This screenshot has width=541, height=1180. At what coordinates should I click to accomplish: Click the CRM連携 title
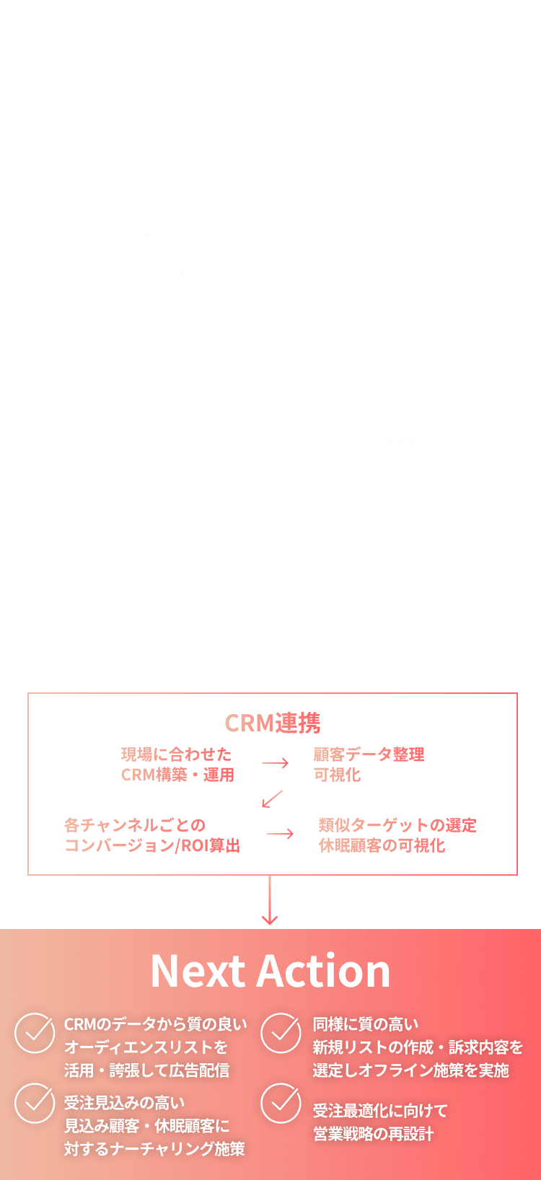(x=273, y=723)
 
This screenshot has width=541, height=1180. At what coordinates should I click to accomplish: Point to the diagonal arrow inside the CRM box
(x=272, y=798)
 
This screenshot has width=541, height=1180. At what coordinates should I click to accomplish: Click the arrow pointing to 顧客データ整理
(x=275, y=763)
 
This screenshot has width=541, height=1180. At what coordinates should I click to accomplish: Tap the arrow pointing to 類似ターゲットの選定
(x=280, y=834)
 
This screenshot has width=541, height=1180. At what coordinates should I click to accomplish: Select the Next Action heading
(x=270, y=971)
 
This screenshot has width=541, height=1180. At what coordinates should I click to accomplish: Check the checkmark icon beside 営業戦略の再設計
(x=281, y=1104)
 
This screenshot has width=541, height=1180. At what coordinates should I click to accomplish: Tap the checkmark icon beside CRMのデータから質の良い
(x=35, y=1033)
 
